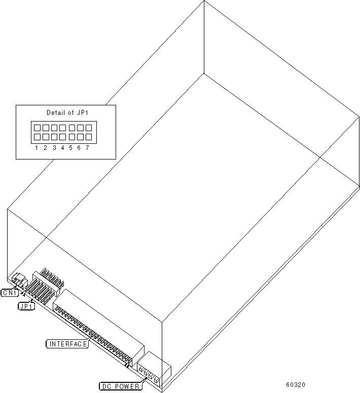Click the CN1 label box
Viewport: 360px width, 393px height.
(x=10, y=293)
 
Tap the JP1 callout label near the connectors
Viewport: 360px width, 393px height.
(x=26, y=306)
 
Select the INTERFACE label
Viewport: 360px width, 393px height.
(x=67, y=344)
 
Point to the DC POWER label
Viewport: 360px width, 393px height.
(x=120, y=386)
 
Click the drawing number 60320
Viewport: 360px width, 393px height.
(x=296, y=385)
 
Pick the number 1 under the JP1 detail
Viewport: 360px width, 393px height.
(x=37, y=148)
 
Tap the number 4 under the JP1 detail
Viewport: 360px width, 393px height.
(x=63, y=148)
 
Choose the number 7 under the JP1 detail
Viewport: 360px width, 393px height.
(x=88, y=148)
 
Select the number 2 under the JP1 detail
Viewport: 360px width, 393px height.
(x=46, y=148)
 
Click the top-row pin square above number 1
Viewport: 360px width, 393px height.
(x=37, y=128)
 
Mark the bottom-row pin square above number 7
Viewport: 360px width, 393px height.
(x=88, y=137)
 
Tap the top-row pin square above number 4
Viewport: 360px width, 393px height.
(x=63, y=128)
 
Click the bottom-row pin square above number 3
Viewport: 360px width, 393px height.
(x=54, y=137)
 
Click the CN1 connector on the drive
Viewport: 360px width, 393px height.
(x=18, y=280)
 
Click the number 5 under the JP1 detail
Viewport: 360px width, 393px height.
(x=71, y=148)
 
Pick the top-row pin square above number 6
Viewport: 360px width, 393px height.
(x=80, y=128)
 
